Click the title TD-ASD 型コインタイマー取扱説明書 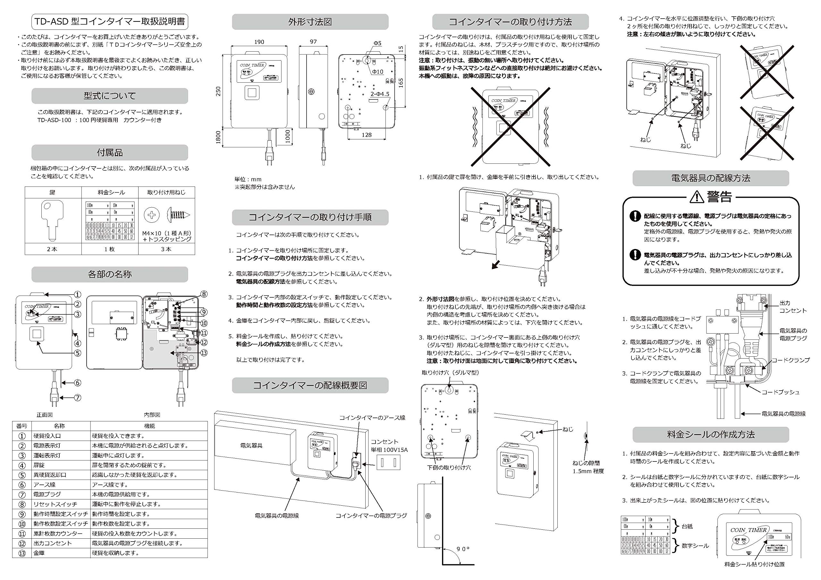tap(109, 22)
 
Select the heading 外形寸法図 tap(310, 22)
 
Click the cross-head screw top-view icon tap(152, 215)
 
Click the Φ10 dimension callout tap(377, 72)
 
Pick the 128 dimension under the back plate tap(367, 135)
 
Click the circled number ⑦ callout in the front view tap(77, 397)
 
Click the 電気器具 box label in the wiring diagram tap(251, 446)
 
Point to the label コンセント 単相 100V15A tap(389, 446)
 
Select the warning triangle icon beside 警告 tap(697, 196)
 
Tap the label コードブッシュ tap(780, 392)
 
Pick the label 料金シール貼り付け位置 tap(755, 564)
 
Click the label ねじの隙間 tap(586, 463)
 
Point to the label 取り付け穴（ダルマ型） tap(450, 373)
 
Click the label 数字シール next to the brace tap(695, 546)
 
